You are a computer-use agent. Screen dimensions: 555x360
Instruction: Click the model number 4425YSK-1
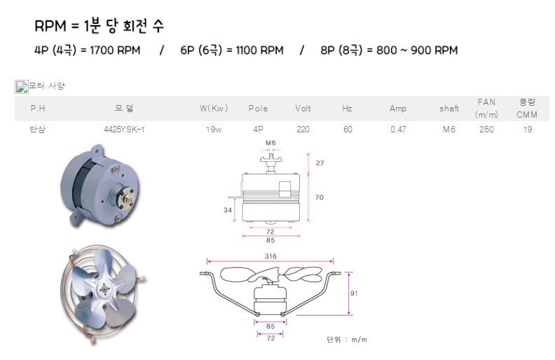pyautogui.click(x=124, y=130)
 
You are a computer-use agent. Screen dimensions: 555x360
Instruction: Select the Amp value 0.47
pyautogui.click(x=398, y=130)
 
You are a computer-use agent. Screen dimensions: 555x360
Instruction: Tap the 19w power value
pyautogui.click(x=214, y=130)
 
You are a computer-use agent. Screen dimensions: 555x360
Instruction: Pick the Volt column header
pyautogui.click(x=303, y=109)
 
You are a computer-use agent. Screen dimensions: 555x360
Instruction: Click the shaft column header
pyautogui.click(x=449, y=109)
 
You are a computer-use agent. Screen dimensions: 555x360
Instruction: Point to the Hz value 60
pyautogui.click(x=348, y=130)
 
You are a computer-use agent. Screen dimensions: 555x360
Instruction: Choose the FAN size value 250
pyautogui.click(x=487, y=130)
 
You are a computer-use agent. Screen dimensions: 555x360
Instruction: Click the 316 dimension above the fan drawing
pyautogui.click(x=270, y=256)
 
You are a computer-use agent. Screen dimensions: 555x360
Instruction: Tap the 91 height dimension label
pyautogui.click(x=354, y=293)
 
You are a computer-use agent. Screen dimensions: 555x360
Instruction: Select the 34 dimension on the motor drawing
pyautogui.click(x=228, y=210)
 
